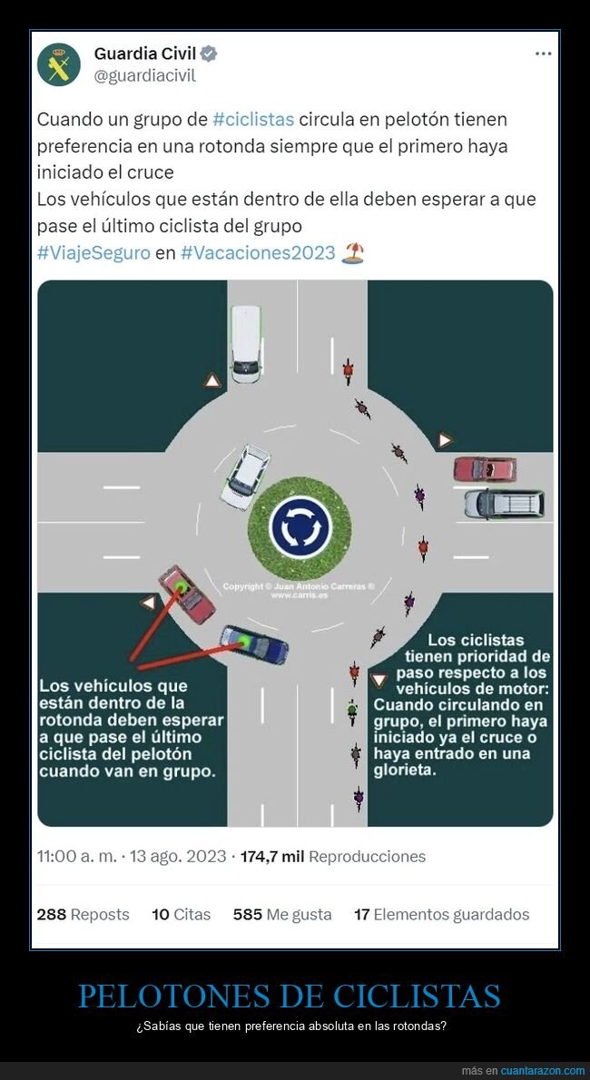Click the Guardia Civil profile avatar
tap(59, 64)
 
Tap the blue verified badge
tap(208, 54)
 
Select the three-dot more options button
tap(543, 54)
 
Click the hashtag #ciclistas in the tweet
tap(253, 119)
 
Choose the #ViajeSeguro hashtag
tap(93, 253)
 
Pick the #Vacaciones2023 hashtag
tap(258, 253)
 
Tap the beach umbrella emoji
tap(352, 253)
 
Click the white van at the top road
tap(246, 344)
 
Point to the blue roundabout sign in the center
tap(300, 527)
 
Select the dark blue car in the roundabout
tap(254, 644)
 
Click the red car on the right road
tap(485, 469)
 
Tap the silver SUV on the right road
tap(504, 504)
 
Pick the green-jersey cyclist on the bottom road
tap(352, 712)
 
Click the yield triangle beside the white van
tap(212, 380)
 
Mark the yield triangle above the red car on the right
tap(445, 440)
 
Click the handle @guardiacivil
tap(144, 75)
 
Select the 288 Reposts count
tap(83, 914)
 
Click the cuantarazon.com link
tap(543, 1070)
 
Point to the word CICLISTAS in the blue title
tap(417, 996)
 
